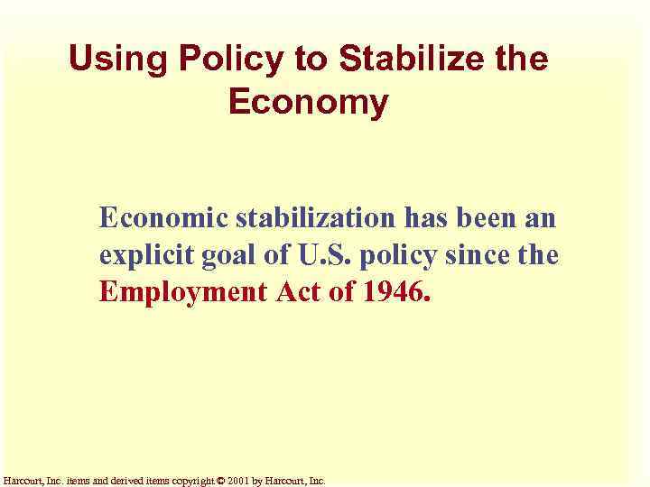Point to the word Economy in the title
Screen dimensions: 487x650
click(308, 102)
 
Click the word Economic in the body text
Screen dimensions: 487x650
click(163, 218)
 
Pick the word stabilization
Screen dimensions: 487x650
click(315, 218)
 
